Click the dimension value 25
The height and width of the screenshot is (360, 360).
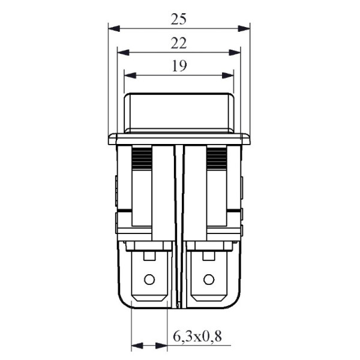pyautogui.click(x=178, y=19)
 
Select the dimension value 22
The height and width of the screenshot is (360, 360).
pyautogui.click(x=178, y=43)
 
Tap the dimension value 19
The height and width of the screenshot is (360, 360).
pyautogui.click(x=178, y=66)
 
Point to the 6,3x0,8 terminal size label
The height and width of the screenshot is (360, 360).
pyautogui.click(x=197, y=337)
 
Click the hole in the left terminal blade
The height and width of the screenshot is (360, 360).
pyautogui.click(x=149, y=279)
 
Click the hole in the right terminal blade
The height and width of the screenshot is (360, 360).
pyautogui.click(x=208, y=279)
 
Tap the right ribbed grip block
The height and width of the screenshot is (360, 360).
pyautogui.click(x=217, y=158)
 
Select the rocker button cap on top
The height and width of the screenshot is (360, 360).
pyautogui.click(x=178, y=111)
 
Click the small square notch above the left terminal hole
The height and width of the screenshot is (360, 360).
pyautogui.click(x=149, y=256)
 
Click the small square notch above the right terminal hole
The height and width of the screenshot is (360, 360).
pyautogui.click(x=208, y=256)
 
